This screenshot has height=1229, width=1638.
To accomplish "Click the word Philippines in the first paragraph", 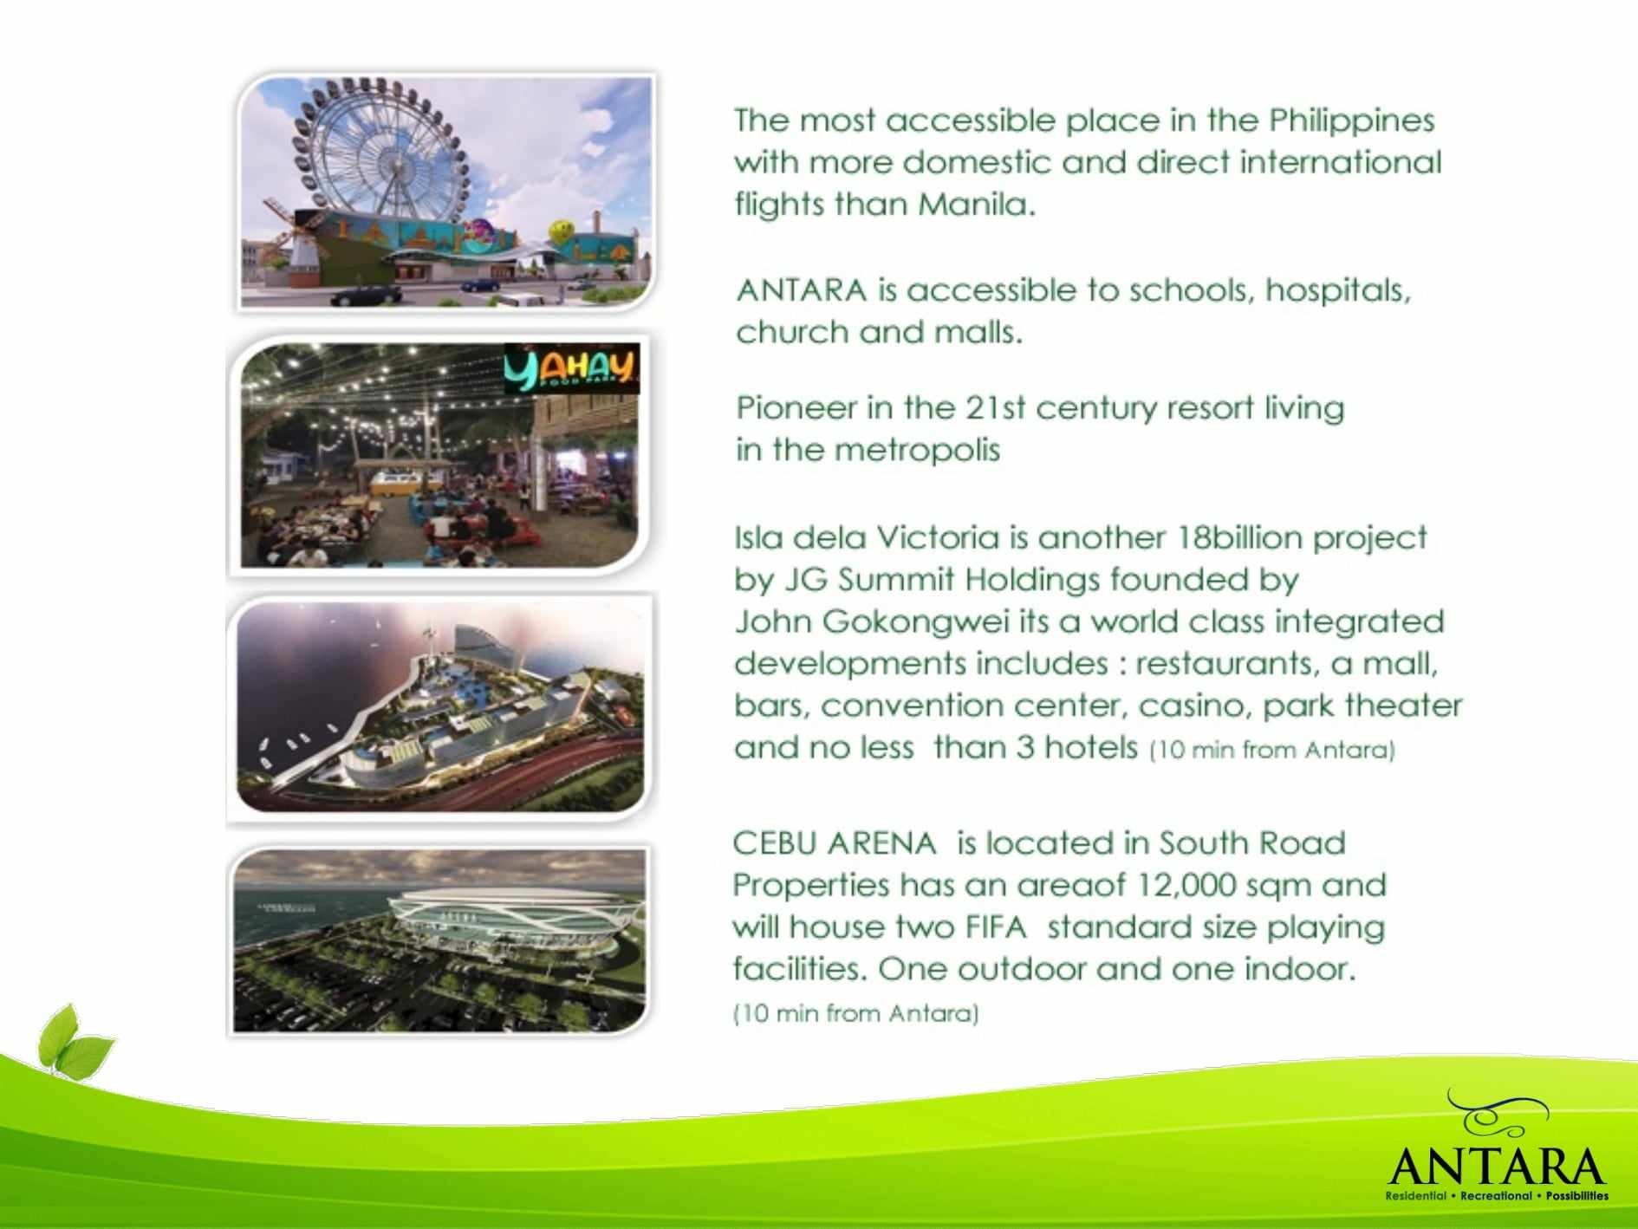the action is (x=1351, y=120).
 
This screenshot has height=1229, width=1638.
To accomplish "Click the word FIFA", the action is (x=994, y=927).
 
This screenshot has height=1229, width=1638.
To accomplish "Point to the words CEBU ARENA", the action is (x=834, y=842).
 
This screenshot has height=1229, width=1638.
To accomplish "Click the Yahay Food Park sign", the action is (x=572, y=368).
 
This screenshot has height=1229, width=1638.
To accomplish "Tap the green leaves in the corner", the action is (x=73, y=1041).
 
